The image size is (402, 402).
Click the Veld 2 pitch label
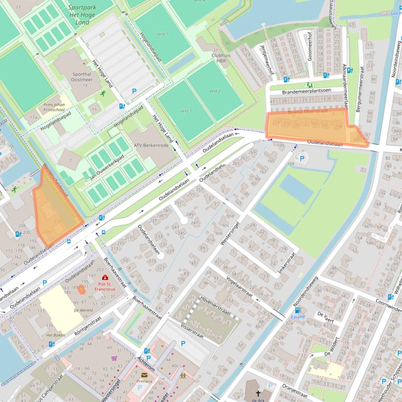[215, 91]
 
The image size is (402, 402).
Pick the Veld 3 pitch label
[185, 111]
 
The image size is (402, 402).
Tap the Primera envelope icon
[144, 374]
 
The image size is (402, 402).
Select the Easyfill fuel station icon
[298, 310]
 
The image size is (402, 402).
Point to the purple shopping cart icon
[114, 358]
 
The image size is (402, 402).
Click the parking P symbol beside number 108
[301, 158]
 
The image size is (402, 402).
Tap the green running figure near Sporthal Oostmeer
[103, 94]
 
